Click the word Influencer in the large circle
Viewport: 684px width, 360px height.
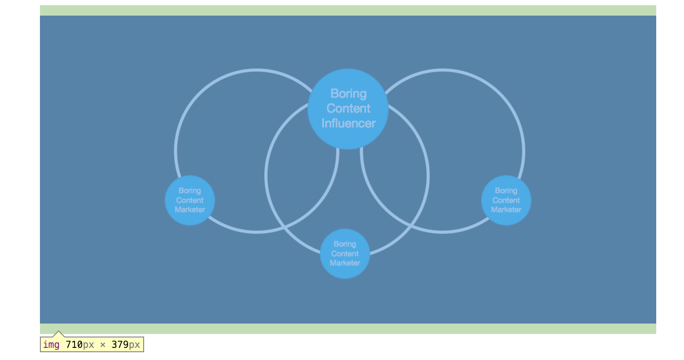[349, 124]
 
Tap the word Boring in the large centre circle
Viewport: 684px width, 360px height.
[349, 94]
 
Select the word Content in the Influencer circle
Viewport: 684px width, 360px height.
[349, 108]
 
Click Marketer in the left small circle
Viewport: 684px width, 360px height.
[190, 209]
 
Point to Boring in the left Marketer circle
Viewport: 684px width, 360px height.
[190, 191]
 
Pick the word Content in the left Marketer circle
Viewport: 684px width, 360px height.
[190, 200]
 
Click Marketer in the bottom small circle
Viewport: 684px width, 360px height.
[345, 263]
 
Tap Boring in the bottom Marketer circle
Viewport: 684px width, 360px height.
[345, 244]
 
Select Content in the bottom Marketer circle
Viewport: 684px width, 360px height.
[345, 254]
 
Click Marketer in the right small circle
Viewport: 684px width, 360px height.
[506, 209]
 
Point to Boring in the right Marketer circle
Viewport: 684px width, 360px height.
[506, 191]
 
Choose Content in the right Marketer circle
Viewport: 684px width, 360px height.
[506, 200]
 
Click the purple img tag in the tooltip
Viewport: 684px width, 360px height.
[51, 345]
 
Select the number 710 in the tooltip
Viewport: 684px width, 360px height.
[74, 345]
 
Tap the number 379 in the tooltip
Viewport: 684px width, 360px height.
[120, 345]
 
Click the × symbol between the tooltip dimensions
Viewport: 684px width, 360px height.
[103, 345]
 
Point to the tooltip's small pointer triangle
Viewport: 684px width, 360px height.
[58, 334]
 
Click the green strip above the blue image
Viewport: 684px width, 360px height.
[348, 10]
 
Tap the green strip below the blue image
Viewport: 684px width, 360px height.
[348, 329]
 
